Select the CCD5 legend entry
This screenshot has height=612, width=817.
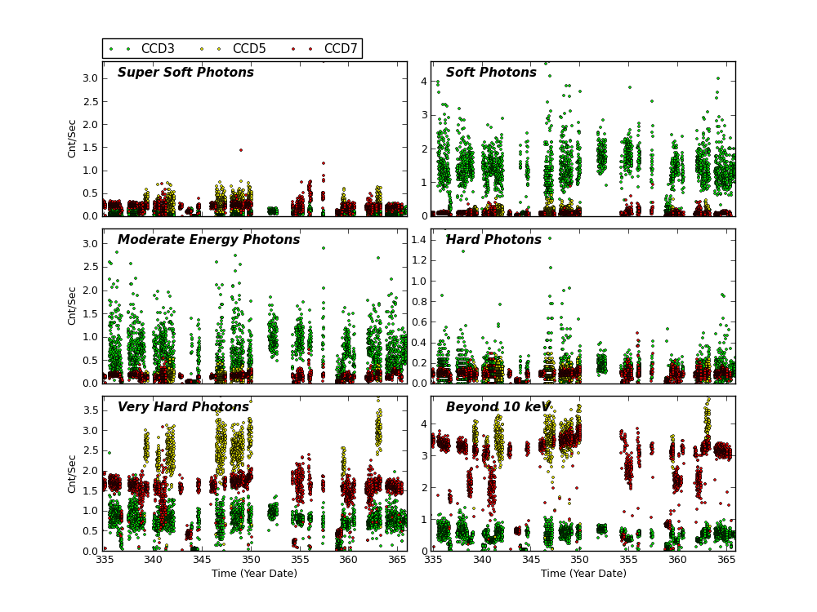point(248,49)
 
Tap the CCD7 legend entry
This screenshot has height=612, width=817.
point(339,49)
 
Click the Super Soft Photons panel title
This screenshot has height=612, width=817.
point(185,73)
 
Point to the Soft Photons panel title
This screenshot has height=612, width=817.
point(491,73)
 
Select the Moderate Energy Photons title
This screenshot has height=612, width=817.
point(208,240)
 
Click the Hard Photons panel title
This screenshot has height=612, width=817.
point(493,240)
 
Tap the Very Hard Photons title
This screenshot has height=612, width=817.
point(183,407)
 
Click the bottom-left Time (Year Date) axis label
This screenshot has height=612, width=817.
point(254,574)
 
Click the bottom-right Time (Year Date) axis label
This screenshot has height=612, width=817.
point(583,574)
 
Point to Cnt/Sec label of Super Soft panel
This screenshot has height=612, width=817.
point(72,138)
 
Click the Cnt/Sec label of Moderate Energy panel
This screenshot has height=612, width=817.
point(72,305)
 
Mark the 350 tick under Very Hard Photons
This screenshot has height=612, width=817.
point(251,560)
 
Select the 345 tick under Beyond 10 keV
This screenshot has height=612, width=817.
point(531,560)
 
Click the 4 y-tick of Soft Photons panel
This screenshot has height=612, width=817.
point(424,82)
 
